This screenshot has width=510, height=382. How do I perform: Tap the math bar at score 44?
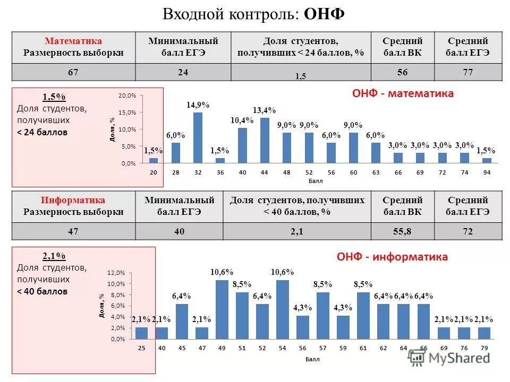click(265, 140)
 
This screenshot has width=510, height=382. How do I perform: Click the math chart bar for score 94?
click(487, 160)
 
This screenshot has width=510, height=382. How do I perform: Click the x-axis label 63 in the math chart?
click(376, 173)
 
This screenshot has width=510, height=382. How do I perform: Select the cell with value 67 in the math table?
click(73, 73)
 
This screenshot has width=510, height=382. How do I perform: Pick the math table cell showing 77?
click(467, 73)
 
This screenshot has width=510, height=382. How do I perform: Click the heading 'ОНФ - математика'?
click(403, 94)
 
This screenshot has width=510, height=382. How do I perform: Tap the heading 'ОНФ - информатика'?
click(392, 257)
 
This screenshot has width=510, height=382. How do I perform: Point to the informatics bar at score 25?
click(141, 333)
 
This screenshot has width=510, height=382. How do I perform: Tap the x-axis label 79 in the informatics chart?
click(483, 349)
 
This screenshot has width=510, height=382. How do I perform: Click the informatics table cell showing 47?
click(73, 231)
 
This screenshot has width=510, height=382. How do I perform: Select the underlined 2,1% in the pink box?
click(53, 256)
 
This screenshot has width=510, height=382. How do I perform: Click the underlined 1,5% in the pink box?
click(53, 97)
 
